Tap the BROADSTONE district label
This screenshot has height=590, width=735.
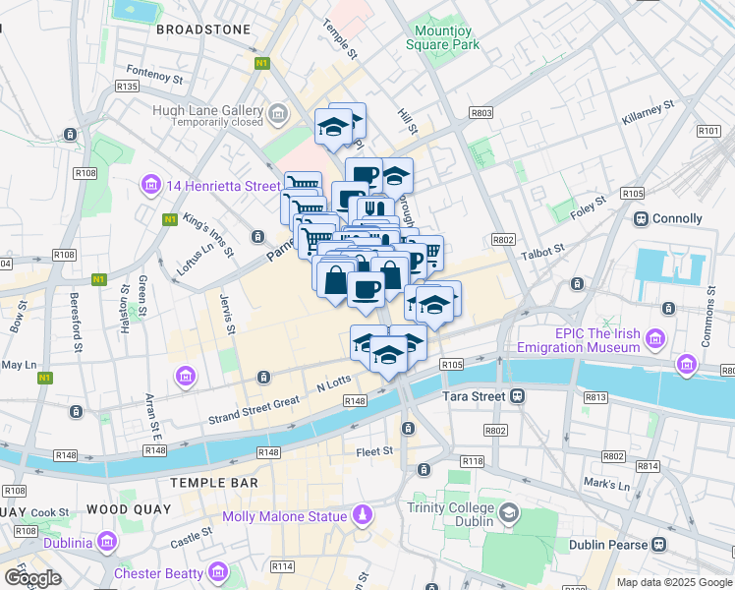pyautogui.click(x=202, y=29)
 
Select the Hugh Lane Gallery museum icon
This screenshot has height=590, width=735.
pyautogui.click(x=278, y=115)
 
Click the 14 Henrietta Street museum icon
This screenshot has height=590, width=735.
pyautogui.click(x=150, y=185)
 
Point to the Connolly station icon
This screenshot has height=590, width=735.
pyautogui.click(x=641, y=218)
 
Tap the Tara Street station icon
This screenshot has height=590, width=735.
pyautogui.click(x=517, y=395)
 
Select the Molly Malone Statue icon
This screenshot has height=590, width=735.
pyautogui.click(x=363, y=515)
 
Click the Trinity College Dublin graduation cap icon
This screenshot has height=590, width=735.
pyautogui.click(x=509, y=513)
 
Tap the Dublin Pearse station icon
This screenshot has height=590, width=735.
pyautogui.click(x=660, y=544)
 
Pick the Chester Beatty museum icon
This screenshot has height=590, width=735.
pyautogui.click(x=218, y=572)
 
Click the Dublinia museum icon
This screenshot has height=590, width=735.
pyautogui.click(x=106, y=542)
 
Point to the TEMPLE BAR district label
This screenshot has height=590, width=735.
pyautogui.click(x=214, y=483)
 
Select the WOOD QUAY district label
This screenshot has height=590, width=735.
pyautogui.click(x=129, y=509)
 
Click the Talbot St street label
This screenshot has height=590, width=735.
pyautogui.click(x=543, y=251)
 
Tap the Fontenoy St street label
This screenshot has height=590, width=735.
pyautogui.click(x=155, y=74)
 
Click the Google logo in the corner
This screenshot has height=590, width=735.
pyautogui.click(x=32, y=577)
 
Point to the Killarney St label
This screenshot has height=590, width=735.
pyautogui.click(x=648, y=112)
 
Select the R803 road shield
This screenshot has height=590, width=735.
pyautogui.click(x=481, y=113)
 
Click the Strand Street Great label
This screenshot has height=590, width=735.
pyautogui.click(x=254, y=411)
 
